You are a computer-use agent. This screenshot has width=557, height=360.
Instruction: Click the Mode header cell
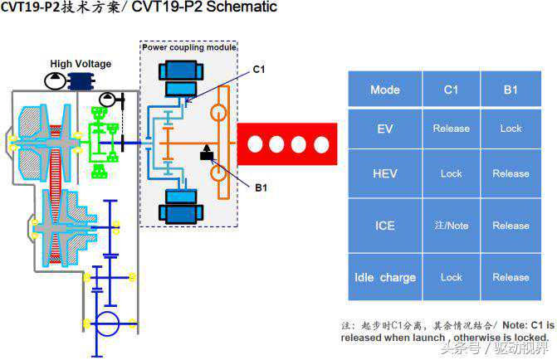pyautogui.click(x=384, y=90)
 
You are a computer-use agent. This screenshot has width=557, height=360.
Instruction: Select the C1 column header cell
pyautogui.click(x=451, y=90)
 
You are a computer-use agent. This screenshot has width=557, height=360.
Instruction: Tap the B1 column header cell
pyautogui.click(x=511, y=90)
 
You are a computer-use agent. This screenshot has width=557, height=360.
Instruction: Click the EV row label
pyautogui.click(x=384, y=129)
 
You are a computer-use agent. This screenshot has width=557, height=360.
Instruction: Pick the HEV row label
pyautogui.click(x=384, y=173)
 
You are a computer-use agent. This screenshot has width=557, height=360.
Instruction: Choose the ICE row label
pyautogui.click(x=384, y=225)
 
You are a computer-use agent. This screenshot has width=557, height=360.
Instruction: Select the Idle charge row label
pyautogui.click(x=384, y=277)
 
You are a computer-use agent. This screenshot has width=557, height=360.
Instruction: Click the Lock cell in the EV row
pyautogui.click(x=511, y=129)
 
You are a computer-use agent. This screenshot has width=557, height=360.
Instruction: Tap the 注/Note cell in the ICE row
pyautogui.click(x=451, y=225)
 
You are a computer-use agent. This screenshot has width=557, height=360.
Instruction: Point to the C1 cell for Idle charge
pyautogui.click(x=451, y=277)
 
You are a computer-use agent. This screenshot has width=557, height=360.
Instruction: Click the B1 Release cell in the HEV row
pyautogui.click(x=511, y=173)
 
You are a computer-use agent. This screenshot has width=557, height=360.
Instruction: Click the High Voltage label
pyautogui.click(x=81, y=64)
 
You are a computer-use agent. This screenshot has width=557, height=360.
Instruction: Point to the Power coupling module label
pyautogui.click(x=189, y=47)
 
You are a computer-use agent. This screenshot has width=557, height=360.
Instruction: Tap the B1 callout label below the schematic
pyautogui.click(x=261, y=188)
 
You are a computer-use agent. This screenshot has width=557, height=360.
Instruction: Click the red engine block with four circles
pyautogui.click(x=287, y=144)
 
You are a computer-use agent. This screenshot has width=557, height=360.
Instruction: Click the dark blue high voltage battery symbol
pyautogui.click(x=81, y=80)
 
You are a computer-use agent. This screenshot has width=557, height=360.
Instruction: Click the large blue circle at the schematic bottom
pyautogui.click(x=106, y=324)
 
